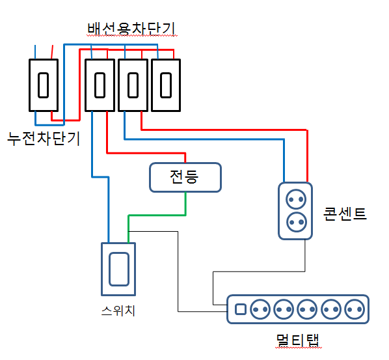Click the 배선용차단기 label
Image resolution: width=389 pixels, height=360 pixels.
(x=131, y=29)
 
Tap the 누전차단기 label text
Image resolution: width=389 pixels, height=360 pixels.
(x=44, y=139)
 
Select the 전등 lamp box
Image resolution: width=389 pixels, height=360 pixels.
(x=185, y=177)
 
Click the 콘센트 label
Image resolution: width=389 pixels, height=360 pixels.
(x=345, y=214)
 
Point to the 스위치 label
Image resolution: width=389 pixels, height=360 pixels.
(x=118, y=311)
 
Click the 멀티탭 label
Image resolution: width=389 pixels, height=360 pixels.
(x=298, y=340)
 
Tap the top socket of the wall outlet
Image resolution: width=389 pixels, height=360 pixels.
(x=296, y=199)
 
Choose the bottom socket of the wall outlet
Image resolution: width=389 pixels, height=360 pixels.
(x=297, y=222)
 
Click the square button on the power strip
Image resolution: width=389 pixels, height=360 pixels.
(x=241, y=309)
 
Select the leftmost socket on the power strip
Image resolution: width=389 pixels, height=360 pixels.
(x=260, y=309)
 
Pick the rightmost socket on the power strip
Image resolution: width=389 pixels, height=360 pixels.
(x=355, y=309)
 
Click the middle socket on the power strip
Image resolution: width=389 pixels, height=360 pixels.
(x=307, y=309)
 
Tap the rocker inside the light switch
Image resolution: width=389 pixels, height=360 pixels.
(x=119, y=269)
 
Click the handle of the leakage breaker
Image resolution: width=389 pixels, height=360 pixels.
(x=43, y=85)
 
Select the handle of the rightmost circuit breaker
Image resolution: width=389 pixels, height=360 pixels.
(x=166, y=85)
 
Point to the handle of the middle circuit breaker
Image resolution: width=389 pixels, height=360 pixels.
(x=133, y=85)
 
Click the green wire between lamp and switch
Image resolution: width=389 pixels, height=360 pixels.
(x=157, y=215)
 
